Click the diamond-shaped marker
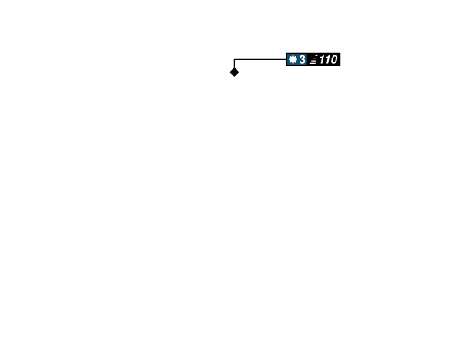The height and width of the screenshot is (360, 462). pos(234,72)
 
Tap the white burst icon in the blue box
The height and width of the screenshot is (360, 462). pos(293,59)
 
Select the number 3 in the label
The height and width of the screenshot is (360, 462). pos(302,59)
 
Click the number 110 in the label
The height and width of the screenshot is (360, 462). pos(328,59)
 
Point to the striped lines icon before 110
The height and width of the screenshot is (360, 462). pos(313,59)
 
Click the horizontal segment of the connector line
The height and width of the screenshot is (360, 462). pos(259,58)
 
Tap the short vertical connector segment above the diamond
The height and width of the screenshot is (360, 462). pos(233,62)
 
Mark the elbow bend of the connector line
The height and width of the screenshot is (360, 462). pos(233,58)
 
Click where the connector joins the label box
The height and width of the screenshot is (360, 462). pos(285,58)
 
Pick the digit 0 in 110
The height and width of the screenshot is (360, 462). pos(333,59)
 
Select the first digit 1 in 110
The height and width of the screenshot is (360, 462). pos(322,59)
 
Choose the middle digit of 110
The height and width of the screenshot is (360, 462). pos(327,59)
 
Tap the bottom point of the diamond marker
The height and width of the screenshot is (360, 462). pos(234,78)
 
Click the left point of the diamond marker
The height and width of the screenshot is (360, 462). pos(228,72)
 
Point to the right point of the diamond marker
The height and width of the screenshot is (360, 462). pos(240,72)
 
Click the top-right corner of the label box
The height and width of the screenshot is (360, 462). pos(340,52)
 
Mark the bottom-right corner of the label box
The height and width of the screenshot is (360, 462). pos(340,66)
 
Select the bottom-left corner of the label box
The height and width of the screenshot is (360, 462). pos(286,66)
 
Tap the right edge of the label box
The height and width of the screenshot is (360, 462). pos(340,59)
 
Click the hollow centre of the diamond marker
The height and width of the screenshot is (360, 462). pos(234,72)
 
